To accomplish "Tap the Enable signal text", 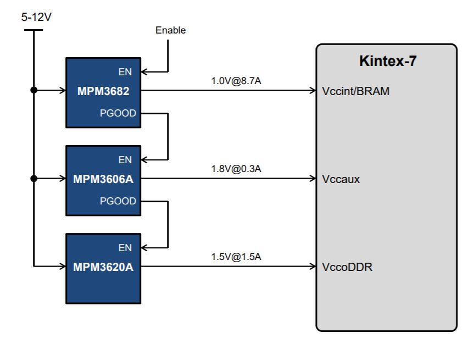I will click(x=170, y=30).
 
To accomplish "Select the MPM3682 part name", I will click(x=104, y=91).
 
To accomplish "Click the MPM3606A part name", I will click(x=104, y=179).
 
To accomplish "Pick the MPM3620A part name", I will click(x=104, y=267).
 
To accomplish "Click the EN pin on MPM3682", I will click(x=125, y=72).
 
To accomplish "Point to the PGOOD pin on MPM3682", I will click(x=118, y=113).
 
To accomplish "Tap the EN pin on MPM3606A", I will click(x=125, y=160).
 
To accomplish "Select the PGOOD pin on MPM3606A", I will click(x=118, y=201).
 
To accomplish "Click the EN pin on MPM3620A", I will click(x=125, y=248).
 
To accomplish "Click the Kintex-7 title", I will click(x=387, y=61).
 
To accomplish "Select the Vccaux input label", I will click(x=341, y=179).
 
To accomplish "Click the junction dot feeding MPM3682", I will click(x=34, y=90).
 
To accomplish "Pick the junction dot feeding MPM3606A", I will click(x=34, y=178).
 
